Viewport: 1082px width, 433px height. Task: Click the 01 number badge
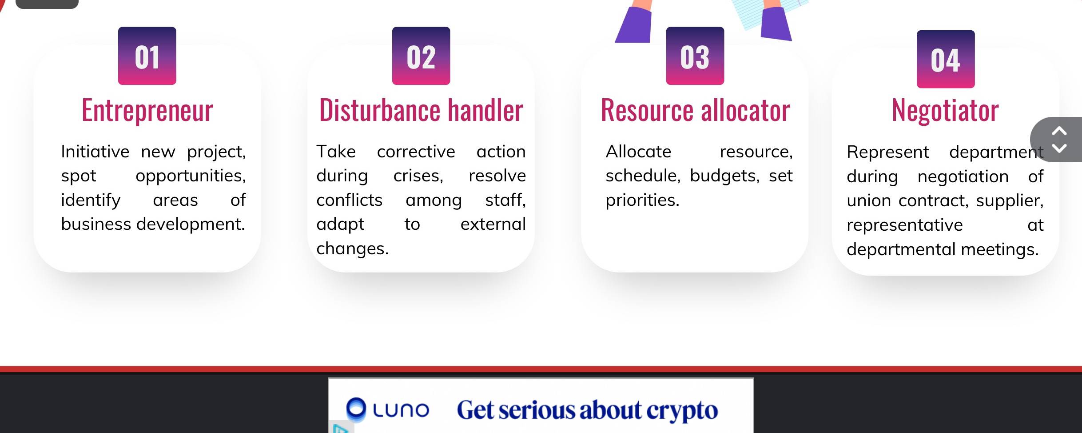147,56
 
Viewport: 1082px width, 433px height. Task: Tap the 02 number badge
421,56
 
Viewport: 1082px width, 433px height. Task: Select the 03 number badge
695,56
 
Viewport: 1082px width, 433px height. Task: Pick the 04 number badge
946,59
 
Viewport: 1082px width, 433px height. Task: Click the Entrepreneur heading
147,110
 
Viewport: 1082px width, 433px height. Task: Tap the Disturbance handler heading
421,110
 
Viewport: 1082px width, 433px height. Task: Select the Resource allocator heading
696,110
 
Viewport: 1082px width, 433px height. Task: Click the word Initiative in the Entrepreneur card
95,152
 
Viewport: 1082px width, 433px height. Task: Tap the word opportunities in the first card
191,176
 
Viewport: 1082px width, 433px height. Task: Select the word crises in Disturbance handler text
418,176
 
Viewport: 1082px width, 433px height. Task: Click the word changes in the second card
352,249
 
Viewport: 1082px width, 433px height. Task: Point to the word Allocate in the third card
638,152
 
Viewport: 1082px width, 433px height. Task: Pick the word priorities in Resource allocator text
642,200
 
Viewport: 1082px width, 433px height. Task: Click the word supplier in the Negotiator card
1010,201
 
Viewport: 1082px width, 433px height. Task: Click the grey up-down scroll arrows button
1059,140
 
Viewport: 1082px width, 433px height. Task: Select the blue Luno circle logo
356,409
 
